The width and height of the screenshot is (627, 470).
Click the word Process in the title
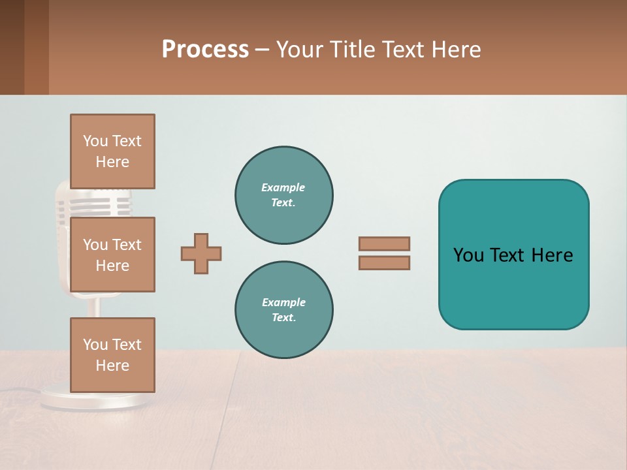[x=205, y=50]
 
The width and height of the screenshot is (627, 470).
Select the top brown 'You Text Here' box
[x=112, y=151]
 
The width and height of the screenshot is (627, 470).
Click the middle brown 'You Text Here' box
[x=112, y=255]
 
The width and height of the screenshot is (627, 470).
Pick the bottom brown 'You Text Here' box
[x=112, y=354]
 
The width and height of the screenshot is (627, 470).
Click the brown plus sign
[x=201, y=253]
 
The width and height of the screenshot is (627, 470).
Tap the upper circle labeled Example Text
[x=283, y=195]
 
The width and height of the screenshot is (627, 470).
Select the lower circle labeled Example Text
[x=283, y=310]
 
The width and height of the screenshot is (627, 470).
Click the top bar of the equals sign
[x=384, y=243]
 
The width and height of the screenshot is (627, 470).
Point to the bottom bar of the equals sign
[x=384, y=262]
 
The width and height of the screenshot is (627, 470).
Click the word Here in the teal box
[x=552, y=255]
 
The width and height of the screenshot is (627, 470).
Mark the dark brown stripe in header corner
[x=12, y=47]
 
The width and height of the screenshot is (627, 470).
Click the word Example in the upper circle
[x=283, y=187]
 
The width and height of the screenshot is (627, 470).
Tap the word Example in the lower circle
[x=283, y=302]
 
